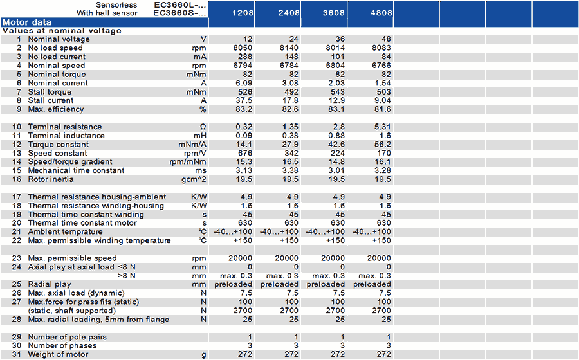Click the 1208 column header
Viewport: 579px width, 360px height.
coord(243,13)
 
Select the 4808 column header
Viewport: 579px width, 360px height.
coord(381,13)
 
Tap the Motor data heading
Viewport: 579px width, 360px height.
coord(27,22)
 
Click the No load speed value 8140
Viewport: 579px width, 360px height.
coord(289,48)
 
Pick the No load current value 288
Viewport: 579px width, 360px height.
coord(245,57)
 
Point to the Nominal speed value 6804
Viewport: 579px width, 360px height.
coord(335,66)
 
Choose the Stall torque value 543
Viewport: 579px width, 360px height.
coord(338,92)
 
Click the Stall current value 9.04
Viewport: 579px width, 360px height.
coord(383,100)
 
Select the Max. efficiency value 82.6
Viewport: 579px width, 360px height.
coord(290,109)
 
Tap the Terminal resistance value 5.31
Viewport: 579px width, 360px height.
coord(383,127)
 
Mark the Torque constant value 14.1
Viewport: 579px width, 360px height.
coord(244,145)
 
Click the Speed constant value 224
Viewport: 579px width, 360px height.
coord(338,153)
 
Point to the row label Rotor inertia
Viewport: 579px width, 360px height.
coord(51,179)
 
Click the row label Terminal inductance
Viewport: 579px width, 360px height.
coord(66,136)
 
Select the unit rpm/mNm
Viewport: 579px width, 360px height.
coord(188,162)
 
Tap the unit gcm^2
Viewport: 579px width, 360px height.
coord(194,179)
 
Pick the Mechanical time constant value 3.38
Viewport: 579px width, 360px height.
coord(290,170)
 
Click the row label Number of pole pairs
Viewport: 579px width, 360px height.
coord(67,337)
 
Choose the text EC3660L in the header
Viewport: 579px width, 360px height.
coord(176,5)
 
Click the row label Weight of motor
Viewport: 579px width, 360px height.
coord(59,354)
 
